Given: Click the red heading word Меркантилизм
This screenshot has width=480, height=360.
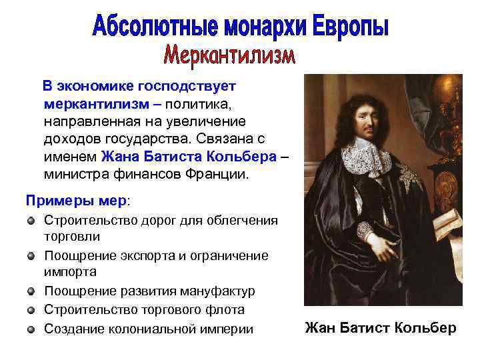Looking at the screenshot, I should [229, 55].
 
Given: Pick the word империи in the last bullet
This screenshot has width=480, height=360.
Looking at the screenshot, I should [227, 328].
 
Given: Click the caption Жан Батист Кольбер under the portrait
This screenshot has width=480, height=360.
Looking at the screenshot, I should [381, 327].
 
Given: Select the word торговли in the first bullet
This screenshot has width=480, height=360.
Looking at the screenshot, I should [72, 237].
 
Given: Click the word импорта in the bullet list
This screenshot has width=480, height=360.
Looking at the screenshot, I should [70, 273].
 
